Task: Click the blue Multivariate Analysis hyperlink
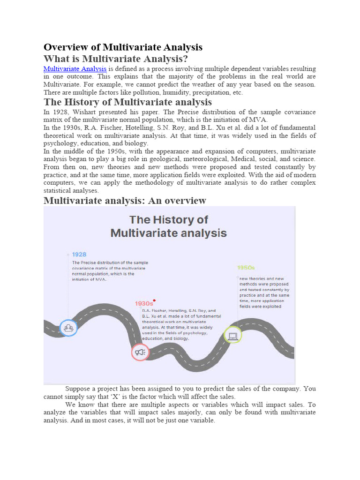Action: pos(75,69)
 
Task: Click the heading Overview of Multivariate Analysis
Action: pos(123,47)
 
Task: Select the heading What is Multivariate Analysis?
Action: pos(116,59)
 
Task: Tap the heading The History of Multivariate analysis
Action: pos(127,102)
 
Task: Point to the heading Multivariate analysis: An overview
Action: pos(125,201)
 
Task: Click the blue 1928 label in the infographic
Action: pos(79,255)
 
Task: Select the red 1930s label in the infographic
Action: pos(144,303)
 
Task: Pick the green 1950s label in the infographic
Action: pos(246,267)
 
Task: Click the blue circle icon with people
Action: pos(68,327)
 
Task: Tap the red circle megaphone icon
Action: pos(140,352)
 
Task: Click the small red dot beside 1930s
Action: pos(154,300)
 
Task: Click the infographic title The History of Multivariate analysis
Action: pos(169,226)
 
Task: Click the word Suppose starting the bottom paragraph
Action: pos(80,389)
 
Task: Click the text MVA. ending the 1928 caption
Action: pos(99,279)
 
